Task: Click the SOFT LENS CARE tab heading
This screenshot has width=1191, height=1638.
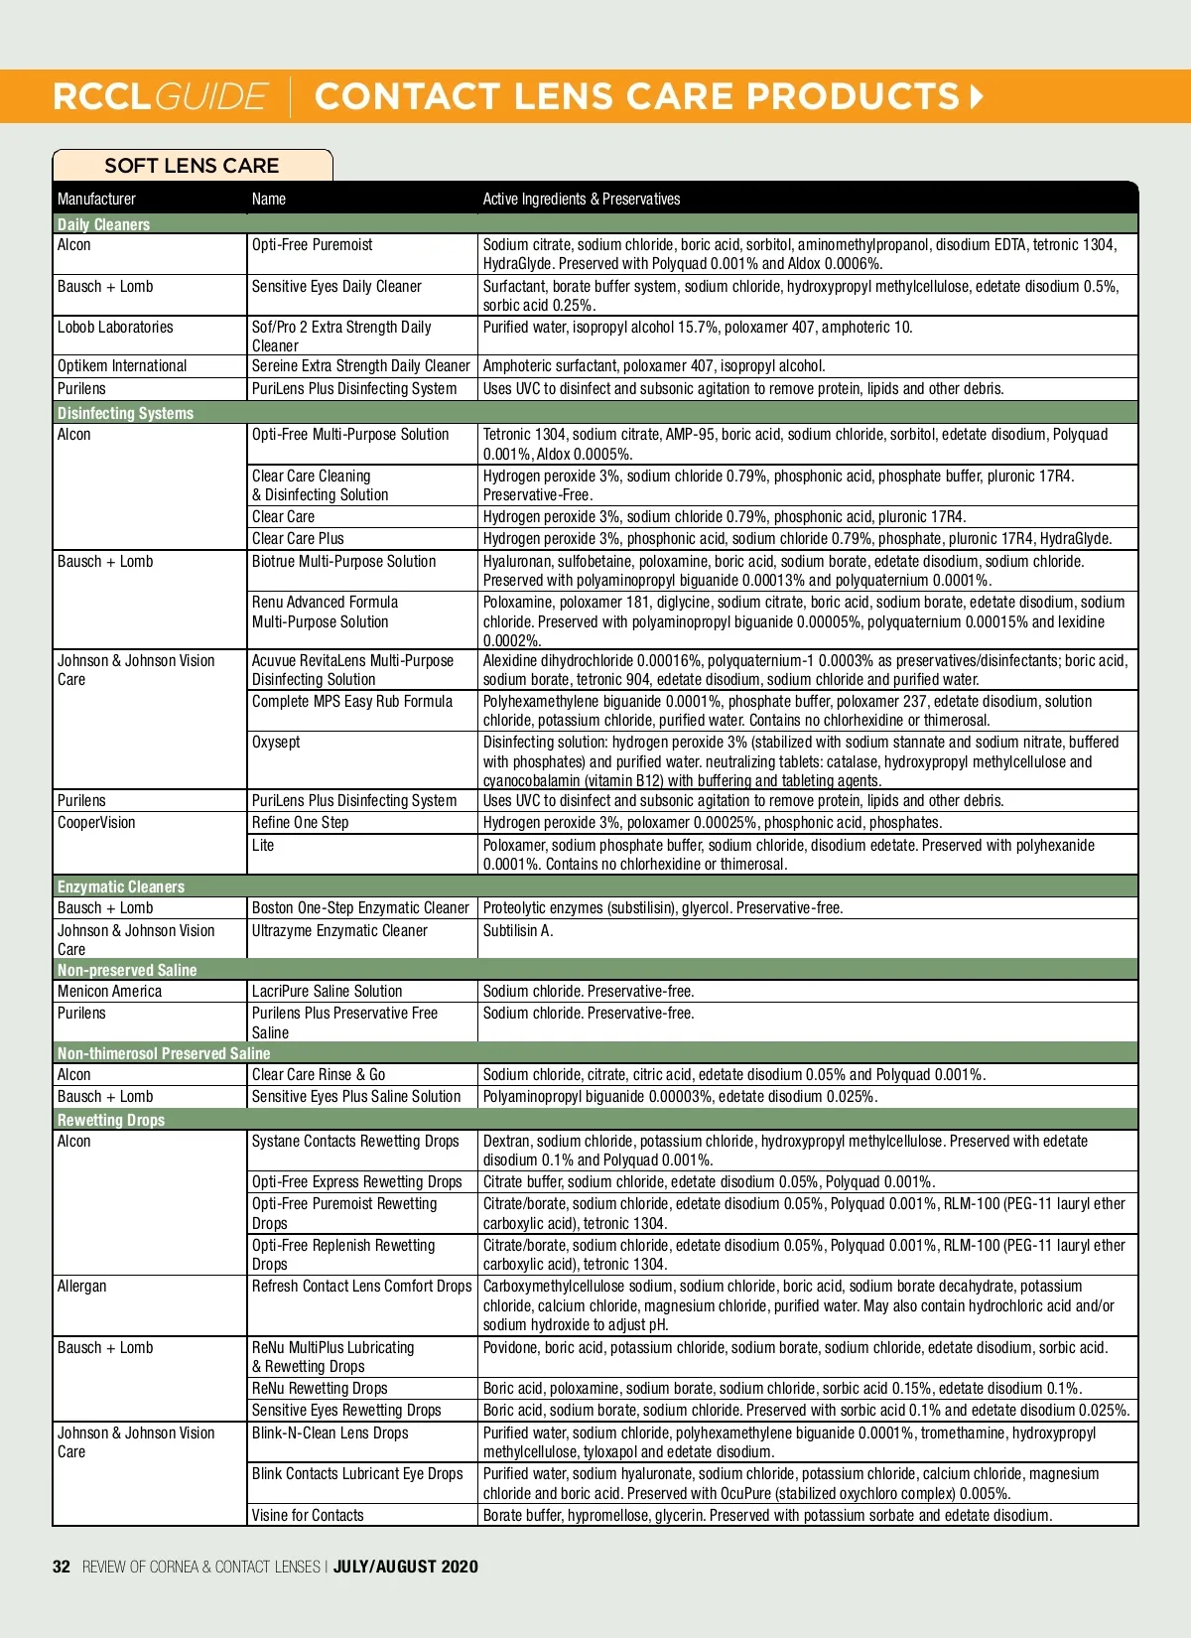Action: (192, 166)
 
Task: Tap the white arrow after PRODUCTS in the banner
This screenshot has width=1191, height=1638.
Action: (977, 96)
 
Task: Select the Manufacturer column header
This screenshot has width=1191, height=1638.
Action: (96, 199)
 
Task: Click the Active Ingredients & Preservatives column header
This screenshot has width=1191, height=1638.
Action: (582, 199)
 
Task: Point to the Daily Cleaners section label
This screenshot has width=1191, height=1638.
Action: (103, 224)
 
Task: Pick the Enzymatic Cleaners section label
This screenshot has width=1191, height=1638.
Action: (121, 887)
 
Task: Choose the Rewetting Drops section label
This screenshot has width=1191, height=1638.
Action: (111, 1120)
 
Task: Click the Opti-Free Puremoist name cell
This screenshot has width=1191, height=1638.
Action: (313, 245)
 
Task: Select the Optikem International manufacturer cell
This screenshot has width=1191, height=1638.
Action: (122, 366)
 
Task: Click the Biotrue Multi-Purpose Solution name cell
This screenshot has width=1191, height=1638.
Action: (343, 562)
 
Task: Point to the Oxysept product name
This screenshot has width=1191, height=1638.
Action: (276, 743)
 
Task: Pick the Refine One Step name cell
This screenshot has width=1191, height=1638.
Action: (300, 823)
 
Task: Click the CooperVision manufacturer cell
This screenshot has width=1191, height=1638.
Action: (96, 823)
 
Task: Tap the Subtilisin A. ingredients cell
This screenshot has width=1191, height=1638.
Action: (518, 931)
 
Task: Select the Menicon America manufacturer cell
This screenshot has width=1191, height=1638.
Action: (109, 992)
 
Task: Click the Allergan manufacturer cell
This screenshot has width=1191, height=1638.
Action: (81, 1287)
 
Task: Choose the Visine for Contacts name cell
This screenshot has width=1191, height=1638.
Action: (308, 1516)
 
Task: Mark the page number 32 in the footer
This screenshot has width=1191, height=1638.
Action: (62, 1567)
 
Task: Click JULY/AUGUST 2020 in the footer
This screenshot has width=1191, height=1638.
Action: (406, 1567)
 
